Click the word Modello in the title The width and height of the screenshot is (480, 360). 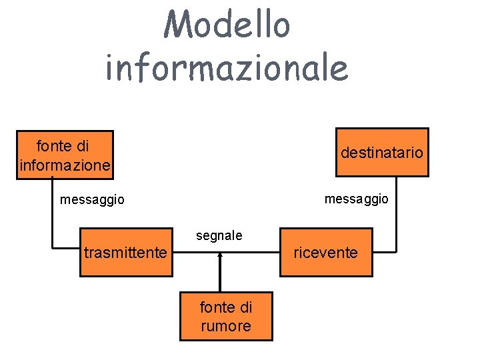[228, 25]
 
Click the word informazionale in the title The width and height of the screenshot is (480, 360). [227, 67]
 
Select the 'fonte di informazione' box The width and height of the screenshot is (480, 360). [65, 155]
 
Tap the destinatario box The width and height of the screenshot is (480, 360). [381, 153]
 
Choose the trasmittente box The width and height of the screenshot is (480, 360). [125, 253]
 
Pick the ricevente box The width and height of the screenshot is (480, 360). [325, 253]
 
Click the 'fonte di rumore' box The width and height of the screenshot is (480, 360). [226, 316]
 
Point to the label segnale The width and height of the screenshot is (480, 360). [219, 235]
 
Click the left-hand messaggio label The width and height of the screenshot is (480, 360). [92, 199]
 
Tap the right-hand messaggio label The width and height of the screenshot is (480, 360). [356, 199]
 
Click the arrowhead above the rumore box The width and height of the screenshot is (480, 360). [219, 260]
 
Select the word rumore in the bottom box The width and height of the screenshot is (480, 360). [226, 326]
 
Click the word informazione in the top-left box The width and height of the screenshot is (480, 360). [65, 165]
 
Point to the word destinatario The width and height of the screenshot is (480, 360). [381, 153]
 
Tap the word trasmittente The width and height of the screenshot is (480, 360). [125, 253]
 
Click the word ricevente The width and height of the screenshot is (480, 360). [325, 253]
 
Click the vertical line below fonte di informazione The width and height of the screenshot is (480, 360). [52, 210]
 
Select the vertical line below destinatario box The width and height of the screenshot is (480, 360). [396, 213]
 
